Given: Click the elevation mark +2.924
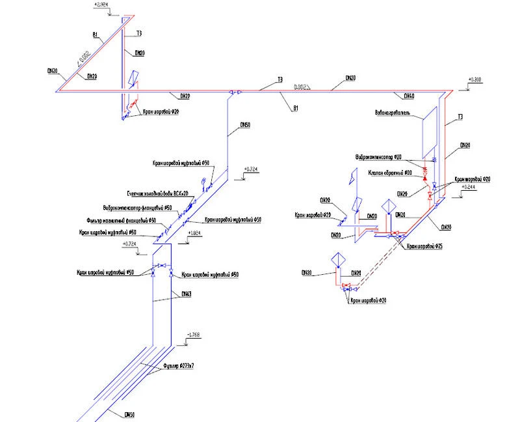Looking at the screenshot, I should pyautogui.click(x=101, y=6).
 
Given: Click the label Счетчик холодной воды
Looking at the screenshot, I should pyautogui.click(x=157, y=194).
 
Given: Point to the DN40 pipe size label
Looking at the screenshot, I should pyautogui.click(x=409, y=96).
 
